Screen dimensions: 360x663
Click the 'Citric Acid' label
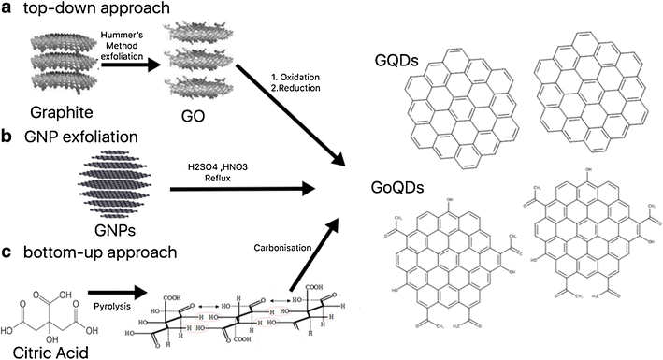point(41,351)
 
